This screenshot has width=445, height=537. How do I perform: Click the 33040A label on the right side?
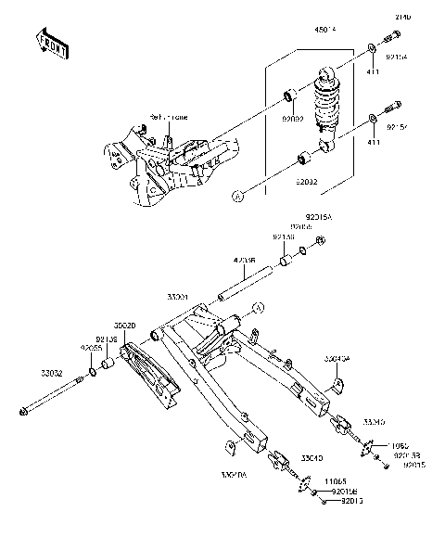[337, 355]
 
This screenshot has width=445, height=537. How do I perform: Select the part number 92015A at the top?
[319, 217]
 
